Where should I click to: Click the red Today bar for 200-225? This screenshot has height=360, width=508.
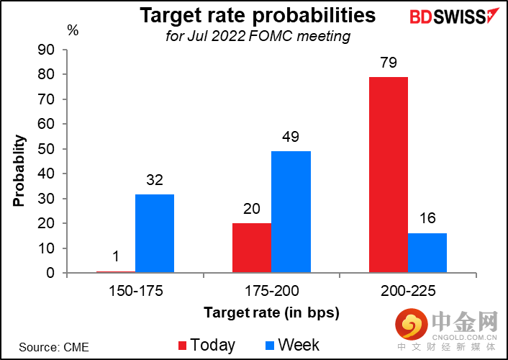coord(388,175)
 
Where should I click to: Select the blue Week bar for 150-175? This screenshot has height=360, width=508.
coord(154,233)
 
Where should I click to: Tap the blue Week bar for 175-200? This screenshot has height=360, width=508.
coord(291,212)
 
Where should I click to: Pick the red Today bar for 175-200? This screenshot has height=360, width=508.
coord(252,248)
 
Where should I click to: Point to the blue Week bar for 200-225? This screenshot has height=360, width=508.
coord(427,253)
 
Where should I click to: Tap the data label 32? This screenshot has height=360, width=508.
coord(154,181)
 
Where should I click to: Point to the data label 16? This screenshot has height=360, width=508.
coord(427,220)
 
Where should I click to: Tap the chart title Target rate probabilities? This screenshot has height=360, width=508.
coord(258,15)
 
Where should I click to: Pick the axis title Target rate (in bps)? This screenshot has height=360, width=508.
coord(271,312)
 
